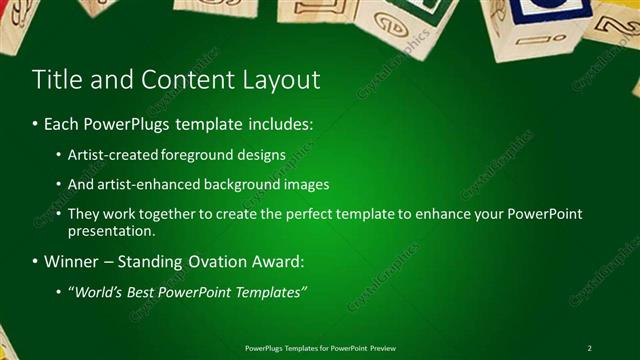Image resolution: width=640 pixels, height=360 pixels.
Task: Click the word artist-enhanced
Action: click(x=146, y=185)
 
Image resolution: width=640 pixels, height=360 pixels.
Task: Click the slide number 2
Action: click(x=590, y=348)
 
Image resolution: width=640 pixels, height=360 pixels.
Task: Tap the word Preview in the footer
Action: click(x=382, y=348)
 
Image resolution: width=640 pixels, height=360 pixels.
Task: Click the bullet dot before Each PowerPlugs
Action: click(x=34, y=126)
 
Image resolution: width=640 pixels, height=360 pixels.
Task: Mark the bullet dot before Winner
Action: click(x=34, y=262)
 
